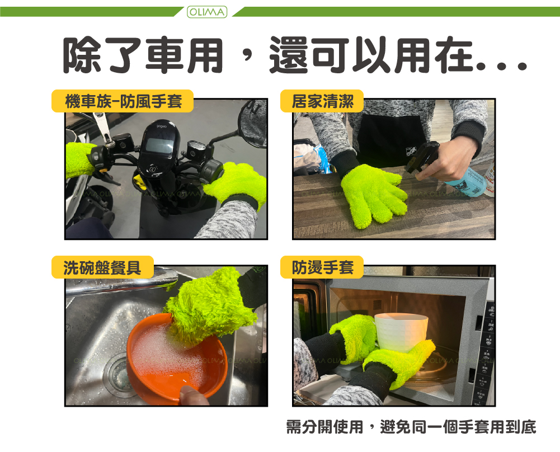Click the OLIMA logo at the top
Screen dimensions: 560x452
[207, 12]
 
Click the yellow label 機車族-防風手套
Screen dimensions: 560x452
[123, 101]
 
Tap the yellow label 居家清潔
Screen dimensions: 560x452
[322, 101]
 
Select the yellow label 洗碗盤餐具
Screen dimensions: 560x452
[102, 267]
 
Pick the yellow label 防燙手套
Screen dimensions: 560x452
[322, 267]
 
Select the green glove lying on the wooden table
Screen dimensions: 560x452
[373, 195]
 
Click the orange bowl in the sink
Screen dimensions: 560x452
[177, 359]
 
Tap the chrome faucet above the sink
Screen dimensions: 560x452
[121, 282]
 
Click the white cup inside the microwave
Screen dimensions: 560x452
[401, 332]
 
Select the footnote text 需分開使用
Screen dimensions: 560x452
[324, 427]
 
